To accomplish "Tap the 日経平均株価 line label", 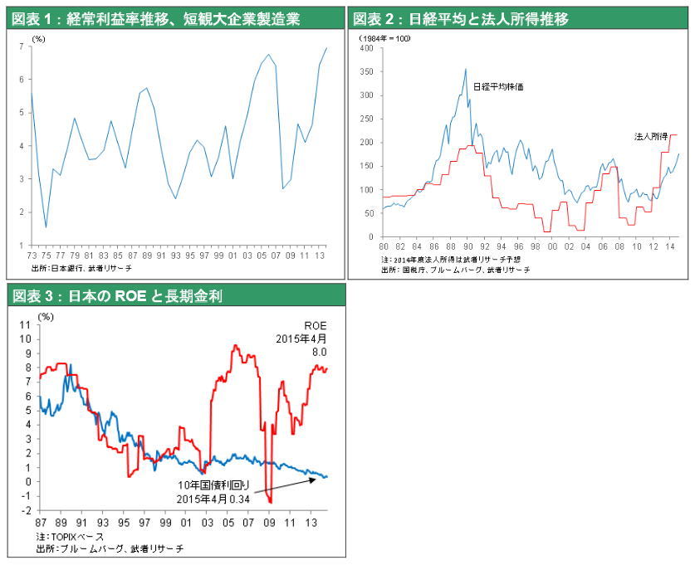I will (498, 86).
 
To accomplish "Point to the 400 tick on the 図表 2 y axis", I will (367, 47).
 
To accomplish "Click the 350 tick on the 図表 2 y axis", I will (367, 71).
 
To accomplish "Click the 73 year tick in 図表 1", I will (31, 255).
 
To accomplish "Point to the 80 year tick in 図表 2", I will (383, 246).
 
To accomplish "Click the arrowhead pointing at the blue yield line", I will (318, 478).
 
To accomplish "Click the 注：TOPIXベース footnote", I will (63, 538).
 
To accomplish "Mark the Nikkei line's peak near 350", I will (466, 69).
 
